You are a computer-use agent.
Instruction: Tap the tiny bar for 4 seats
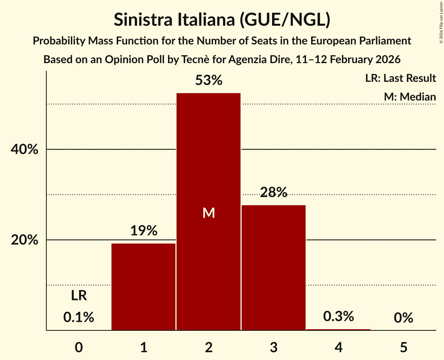pyautogui.click(x=338, y=330)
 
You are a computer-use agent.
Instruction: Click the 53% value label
pyautogui.click(x=209, y=81)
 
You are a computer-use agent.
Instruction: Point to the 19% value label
pyautogui.click(x=143, y=231)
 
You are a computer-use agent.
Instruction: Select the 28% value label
pyautogui.click(x=274, y=192)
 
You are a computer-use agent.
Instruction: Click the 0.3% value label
pyautogui.click(x=338, y=316)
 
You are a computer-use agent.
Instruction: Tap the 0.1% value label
pyautogui.click(x=79, y=318)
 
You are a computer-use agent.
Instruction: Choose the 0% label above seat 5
pyautogui.click(x=403, y=318)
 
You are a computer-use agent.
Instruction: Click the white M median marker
pyautogui.click(x=209, y=213)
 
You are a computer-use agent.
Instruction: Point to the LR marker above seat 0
pyautogui.click(x=79, y=296)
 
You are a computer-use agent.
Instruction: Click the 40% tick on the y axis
pyautogui.click(x=25, y=150)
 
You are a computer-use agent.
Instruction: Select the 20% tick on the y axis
pyautogui.click(x=25, y=240)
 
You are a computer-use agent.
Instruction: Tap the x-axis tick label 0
pyautogui.click(x=79, y=347)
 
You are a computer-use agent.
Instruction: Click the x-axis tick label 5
pyautogui.click(x=403, y=347)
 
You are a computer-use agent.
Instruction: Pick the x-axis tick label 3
pyautogui.click(x=274, y=347)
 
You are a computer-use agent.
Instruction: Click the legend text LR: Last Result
pyautogui.click(x=400, y=78)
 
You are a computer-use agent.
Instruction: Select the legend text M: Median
pyautogui.click(x=410, y=97)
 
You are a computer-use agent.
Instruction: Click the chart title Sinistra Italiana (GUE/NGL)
pyautogui.click(x=222, y=20)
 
